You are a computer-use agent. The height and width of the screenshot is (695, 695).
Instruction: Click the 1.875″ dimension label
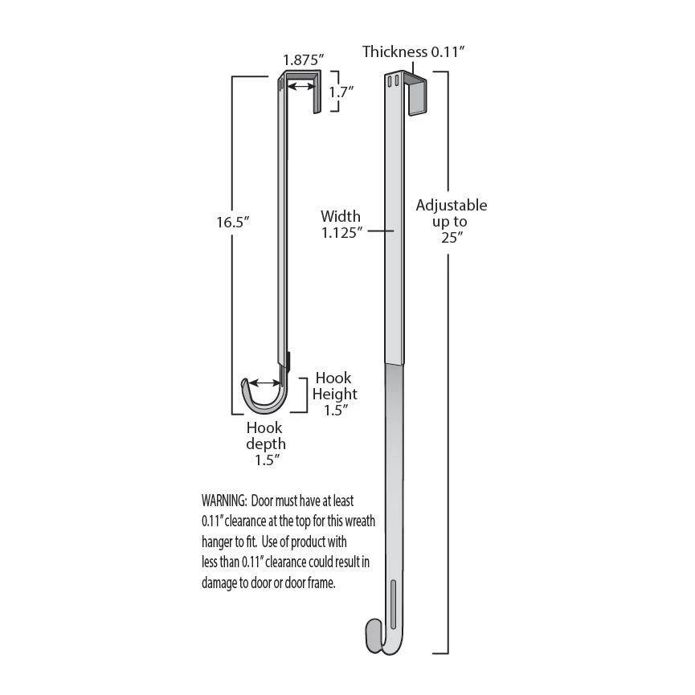coord(303,59)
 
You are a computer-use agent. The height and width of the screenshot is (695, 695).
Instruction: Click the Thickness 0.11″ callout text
coord(414,52)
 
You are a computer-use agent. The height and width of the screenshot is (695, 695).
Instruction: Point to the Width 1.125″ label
coord(341,224)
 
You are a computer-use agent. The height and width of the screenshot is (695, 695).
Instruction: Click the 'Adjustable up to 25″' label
coord(452,221)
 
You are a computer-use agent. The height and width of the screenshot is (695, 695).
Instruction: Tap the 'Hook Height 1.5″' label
coord(335,394)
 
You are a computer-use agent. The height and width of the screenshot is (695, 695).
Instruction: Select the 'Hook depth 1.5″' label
coord(265,444)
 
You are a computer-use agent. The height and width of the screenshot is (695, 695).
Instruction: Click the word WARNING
coord(223,500)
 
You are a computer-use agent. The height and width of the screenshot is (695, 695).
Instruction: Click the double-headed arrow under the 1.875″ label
coord(302,85)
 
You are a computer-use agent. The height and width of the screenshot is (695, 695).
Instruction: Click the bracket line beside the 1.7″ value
coord(324,92)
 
